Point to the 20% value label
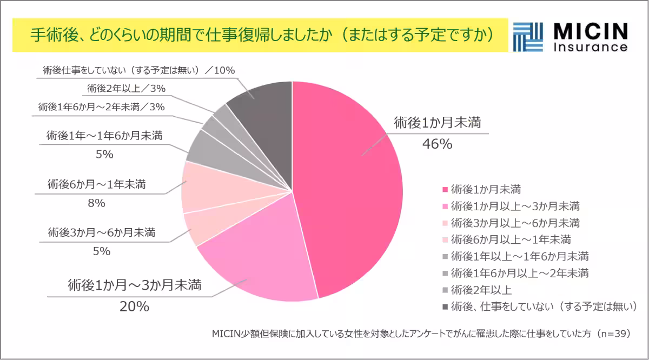134,306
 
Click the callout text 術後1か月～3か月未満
135,285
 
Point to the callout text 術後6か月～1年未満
97,185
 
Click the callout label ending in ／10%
138,70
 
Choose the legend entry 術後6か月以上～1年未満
511,239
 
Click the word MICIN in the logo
590,32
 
